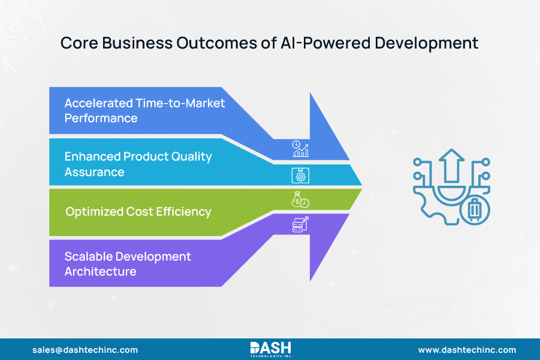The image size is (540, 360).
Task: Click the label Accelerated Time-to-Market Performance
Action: pyautogui.click(x=144, y=110)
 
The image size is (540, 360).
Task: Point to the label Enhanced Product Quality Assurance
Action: pyautogui.click(x=138, y=164)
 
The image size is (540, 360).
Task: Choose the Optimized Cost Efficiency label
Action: pyautogui.click(x=138, y=211)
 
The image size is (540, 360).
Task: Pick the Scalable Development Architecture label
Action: pyautogui.click(x=128, y=264)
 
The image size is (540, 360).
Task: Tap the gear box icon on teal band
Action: pyautogui.click(x=300, y=175)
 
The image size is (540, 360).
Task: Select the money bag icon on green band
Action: pyautogui.click(x=300, y=201)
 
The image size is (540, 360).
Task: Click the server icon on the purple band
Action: pyautogui.click(x=300, y=225)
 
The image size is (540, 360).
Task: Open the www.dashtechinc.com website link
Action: pyautogui.click(x=467, y=350)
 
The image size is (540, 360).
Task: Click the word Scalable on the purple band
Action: pyautogui.click(x=88, y=256)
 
